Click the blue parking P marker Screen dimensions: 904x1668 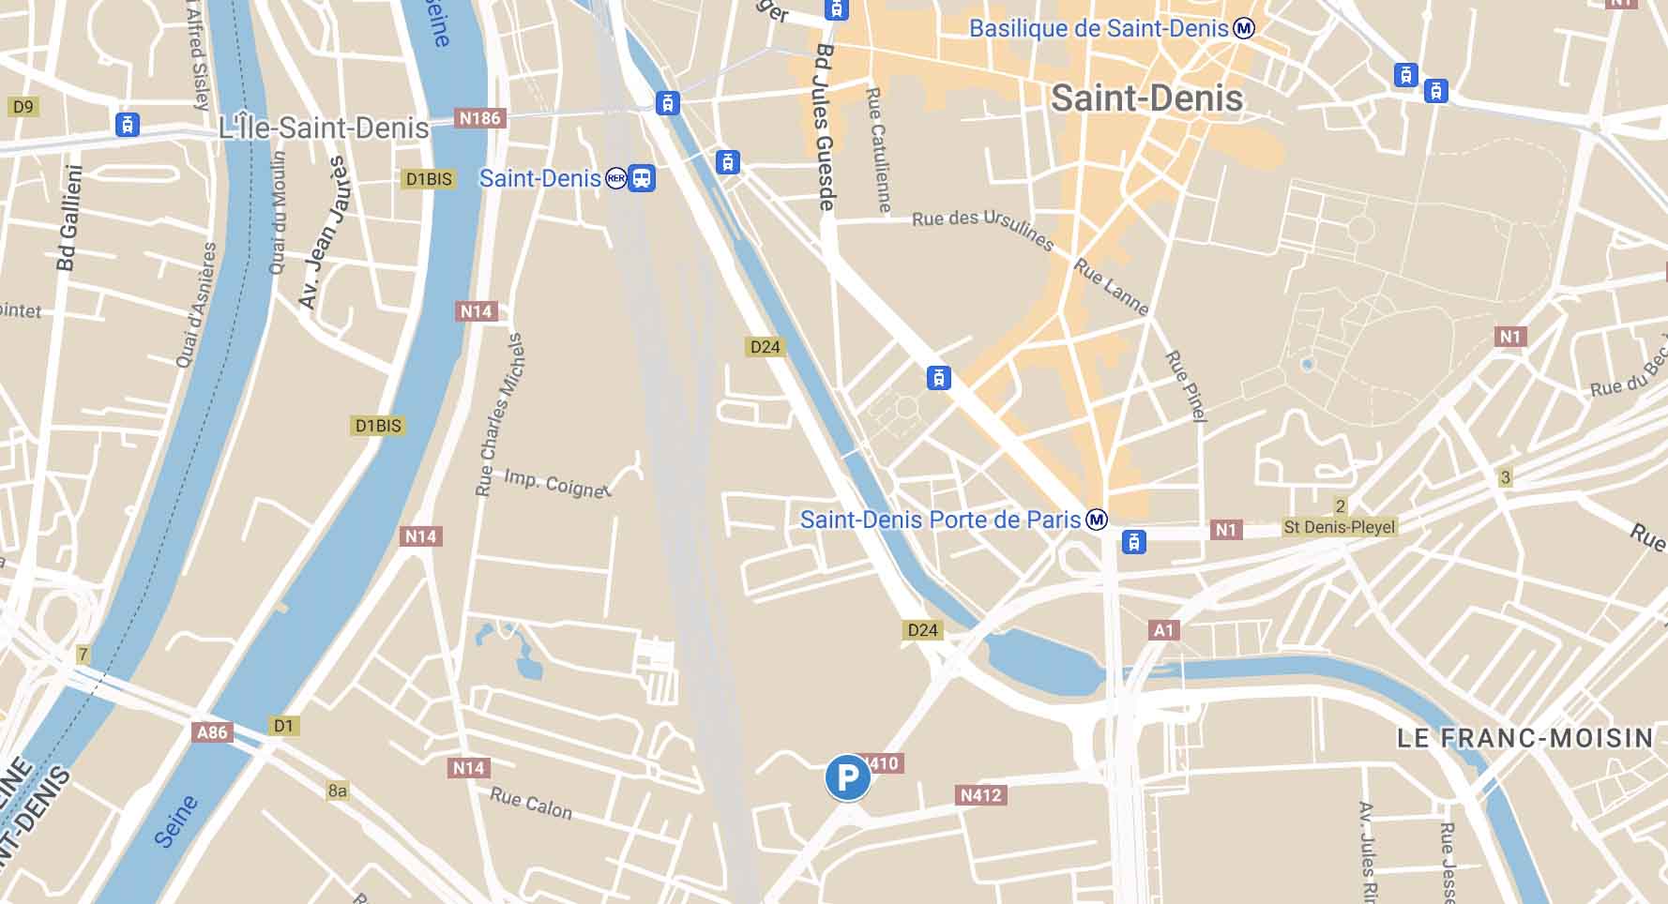(x=847, y=777)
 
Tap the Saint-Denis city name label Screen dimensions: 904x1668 (x=1146, y=98)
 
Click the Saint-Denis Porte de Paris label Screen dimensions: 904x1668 (x=940, y=520)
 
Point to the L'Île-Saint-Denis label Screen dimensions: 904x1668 (x=324, y=128)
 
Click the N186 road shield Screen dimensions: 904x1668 (x=479, y=118)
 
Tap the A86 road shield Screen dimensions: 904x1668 (x=212, y=732)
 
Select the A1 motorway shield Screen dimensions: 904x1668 (x=1163, y=630)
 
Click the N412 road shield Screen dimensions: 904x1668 (x=981, y=795)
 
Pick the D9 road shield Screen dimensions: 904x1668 (x=23, y=107)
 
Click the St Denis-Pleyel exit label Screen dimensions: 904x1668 (x=1340, y=527)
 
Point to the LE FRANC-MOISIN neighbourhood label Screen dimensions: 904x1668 (x=1524, y=738)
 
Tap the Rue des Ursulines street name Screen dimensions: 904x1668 (x=982, y=228)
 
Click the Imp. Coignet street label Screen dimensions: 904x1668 (x=556, y=483)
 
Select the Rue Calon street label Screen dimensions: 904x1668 (x=531, y=803)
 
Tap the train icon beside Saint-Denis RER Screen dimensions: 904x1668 (x=642, y=177)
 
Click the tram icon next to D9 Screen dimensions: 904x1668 (x=128, y=124)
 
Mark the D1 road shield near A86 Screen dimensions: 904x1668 (x=283, y=726)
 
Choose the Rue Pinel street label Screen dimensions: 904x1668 (x=1186, y=385)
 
